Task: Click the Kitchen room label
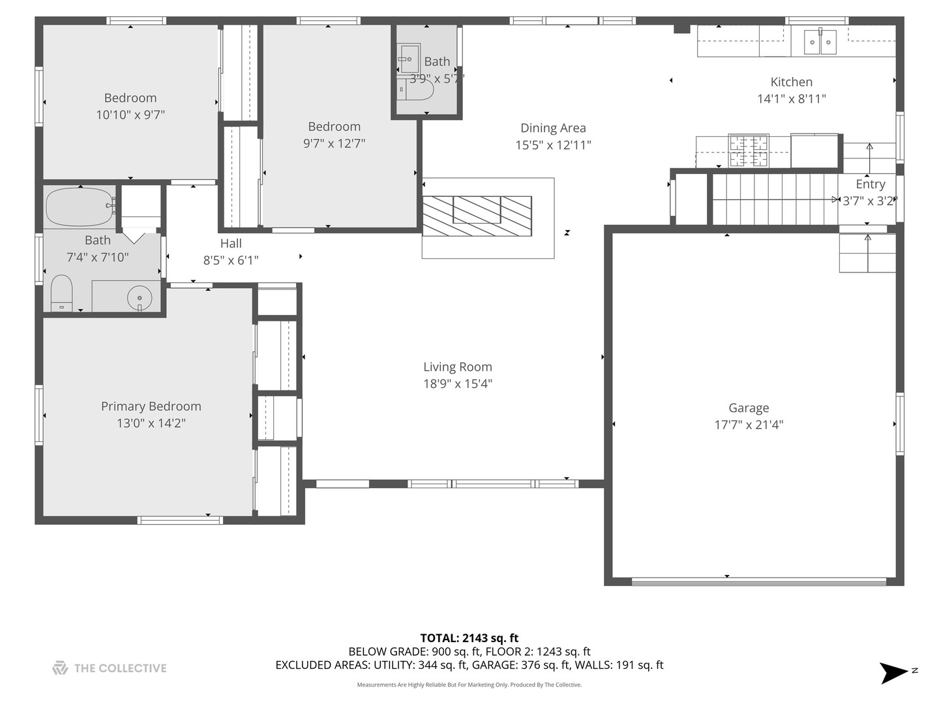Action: [x=791, y=82]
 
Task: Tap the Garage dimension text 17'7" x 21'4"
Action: [x=749, y=425]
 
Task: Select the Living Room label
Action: [x=457, y=367]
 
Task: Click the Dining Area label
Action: [x=553, y=128]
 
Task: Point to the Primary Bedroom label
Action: [x=151, y=406]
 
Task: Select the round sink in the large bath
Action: [x=140, y=299]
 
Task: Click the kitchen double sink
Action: [x=819, y=42]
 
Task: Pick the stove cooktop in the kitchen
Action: [x=748, y=151]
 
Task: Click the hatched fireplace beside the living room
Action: [x=477, y=216]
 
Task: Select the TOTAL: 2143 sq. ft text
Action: [x=469, y=638]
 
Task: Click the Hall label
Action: [x=231, y=244]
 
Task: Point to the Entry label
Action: [x=870, y=184]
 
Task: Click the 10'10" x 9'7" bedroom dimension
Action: [x=130, y=115]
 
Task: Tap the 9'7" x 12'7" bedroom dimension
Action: [x=334, y=143]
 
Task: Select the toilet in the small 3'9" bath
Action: [x=417, y=90]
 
